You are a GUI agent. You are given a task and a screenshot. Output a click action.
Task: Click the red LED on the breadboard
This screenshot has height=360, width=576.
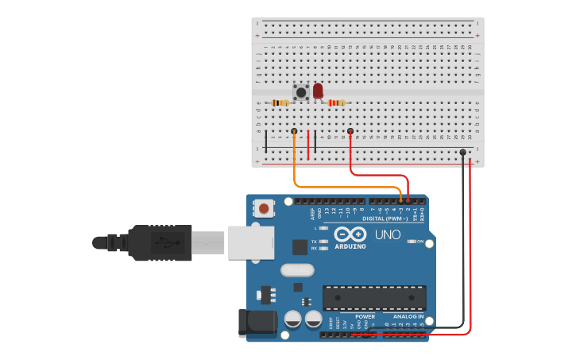318,91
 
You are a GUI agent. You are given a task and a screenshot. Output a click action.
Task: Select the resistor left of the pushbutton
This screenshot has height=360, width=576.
280,103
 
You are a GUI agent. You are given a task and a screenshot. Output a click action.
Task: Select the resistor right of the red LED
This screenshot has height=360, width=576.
337,103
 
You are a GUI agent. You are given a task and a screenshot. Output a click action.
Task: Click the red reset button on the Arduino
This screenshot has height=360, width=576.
263,209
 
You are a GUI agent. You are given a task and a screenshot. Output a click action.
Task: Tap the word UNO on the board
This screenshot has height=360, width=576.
388,234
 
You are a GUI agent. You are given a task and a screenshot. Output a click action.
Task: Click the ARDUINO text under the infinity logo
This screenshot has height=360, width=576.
350,246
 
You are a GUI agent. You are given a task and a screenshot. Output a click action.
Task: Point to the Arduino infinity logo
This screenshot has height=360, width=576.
350,234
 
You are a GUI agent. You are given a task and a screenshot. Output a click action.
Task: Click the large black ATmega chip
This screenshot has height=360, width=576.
373,298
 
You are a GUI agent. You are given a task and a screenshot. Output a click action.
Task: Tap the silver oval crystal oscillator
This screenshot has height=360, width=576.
297,269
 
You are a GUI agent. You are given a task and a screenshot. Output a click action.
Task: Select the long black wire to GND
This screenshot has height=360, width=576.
463,238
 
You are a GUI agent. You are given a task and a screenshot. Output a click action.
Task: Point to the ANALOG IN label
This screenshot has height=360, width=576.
408,316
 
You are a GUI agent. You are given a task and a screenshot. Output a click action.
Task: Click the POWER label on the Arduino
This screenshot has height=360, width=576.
365,316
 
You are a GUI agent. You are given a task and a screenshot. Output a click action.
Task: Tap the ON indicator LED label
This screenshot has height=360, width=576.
420,242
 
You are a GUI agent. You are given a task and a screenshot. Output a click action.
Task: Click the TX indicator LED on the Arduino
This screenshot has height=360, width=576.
323,241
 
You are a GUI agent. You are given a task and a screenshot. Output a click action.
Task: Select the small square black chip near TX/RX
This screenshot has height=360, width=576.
300,247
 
